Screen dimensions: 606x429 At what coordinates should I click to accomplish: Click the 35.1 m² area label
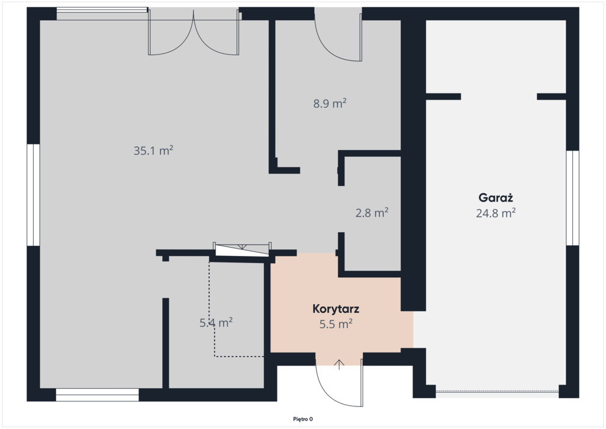[153, 150]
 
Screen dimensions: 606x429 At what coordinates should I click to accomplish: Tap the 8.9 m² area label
[330, 103]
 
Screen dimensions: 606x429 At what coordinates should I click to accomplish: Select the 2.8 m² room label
[372, 212]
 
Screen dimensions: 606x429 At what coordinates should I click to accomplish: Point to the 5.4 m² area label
[216, 322]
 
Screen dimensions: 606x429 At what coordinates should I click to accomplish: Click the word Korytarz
[336, 309]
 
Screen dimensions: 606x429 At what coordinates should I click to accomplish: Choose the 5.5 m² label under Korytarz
[336, 324]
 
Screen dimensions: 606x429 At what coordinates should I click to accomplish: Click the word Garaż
[496, 198]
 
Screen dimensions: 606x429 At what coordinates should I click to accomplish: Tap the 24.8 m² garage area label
[496, 213]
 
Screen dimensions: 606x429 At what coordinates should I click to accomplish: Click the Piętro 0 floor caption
[303, 419]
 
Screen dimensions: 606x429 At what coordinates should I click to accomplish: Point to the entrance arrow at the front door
[339, 364]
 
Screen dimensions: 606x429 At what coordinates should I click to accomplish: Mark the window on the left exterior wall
[33, 195]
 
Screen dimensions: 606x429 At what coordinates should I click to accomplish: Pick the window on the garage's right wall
[572, 198]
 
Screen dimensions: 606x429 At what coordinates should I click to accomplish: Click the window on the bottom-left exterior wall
[98, 395]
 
